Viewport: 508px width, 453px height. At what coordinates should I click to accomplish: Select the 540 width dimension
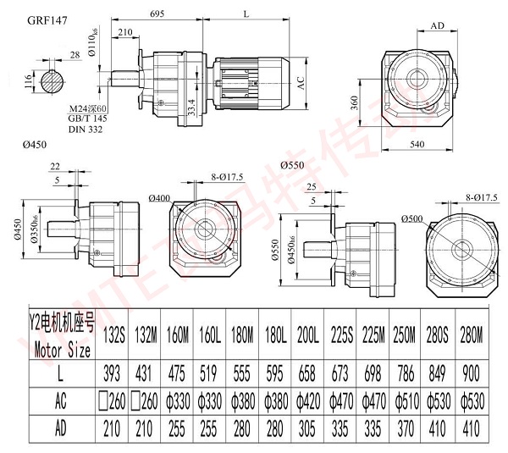pyautogui.click(x=415, y=146)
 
